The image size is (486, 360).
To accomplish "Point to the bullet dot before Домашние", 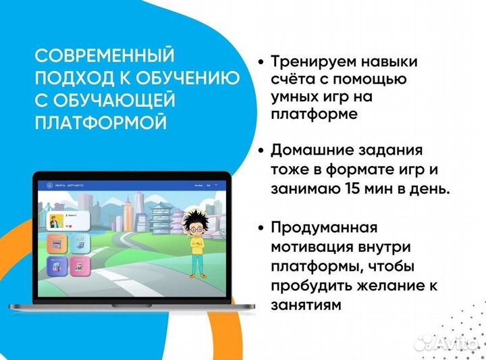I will (x=260, y=150).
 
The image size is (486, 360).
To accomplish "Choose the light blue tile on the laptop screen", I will (x=80, y=242).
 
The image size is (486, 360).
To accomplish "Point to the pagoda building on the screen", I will (x=158, y=217).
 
